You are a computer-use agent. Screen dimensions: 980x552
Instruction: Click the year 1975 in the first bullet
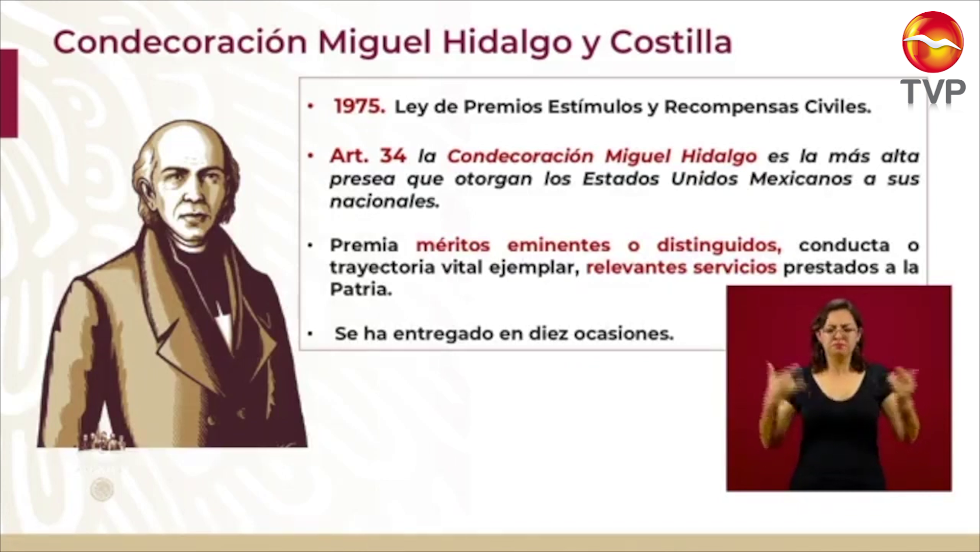click(359, 106)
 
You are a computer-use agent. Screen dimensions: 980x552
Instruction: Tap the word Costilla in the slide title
click(671, 42)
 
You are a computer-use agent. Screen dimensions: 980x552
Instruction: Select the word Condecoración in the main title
click(180, 42)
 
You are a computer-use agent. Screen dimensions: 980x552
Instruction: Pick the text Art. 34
click(368, 155)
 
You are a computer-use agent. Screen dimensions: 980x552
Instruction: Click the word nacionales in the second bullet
click(384, 201)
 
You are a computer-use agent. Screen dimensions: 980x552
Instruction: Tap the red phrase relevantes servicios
click(681, 267)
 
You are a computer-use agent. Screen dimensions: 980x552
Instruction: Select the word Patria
click(361, 289)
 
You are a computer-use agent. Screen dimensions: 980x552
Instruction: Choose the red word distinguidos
click(719, 245)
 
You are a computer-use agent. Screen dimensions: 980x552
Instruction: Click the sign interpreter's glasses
click(838, 331)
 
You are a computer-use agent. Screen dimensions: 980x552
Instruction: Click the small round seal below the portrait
click(102, 489)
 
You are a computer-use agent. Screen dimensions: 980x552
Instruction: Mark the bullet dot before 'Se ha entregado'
click(310, 334)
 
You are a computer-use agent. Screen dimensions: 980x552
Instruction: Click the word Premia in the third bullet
click(364, 245)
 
